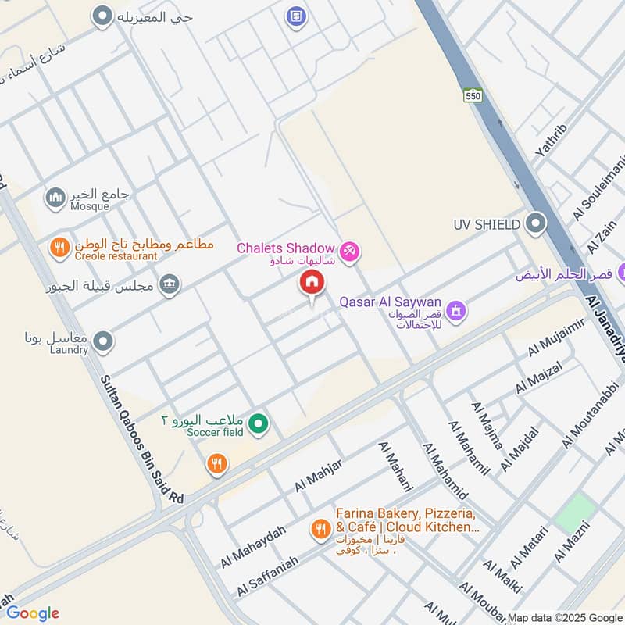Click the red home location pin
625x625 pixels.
[311, 284]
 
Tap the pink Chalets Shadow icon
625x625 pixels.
[350, 250]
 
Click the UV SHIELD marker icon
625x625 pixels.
[535, 224]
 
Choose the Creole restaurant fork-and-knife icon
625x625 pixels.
[59, 248]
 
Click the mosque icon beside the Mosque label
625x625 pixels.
[55, 198]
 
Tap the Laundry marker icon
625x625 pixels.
[102, 341]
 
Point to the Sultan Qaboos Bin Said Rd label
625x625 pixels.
[141, 437]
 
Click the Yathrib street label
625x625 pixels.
[551, 141]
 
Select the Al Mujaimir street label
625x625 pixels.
[556, 342]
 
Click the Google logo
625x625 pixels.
[33, 613]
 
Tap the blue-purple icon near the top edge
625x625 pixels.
[295, 15]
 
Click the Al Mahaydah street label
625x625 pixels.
[252, 546]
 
